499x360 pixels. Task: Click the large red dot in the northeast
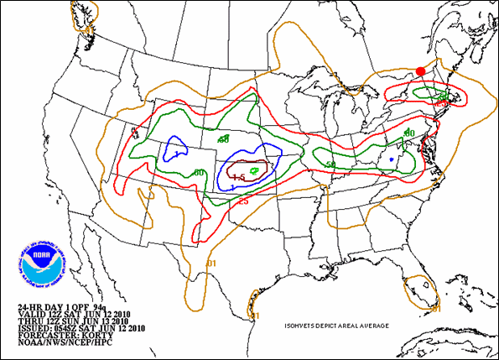pos(421,72)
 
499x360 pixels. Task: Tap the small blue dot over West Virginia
pos(392,157)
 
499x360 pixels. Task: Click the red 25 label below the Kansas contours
pos(243,201)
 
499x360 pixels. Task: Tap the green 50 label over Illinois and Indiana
pos(330,164)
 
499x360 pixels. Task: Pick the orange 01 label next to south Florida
pos(435,310)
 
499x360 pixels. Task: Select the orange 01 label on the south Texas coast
pos(257,315)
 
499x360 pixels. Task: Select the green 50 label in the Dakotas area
pos(224,138)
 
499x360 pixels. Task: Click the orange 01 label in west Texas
pos(211,264)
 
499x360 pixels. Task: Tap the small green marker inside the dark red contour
pos(254,170)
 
